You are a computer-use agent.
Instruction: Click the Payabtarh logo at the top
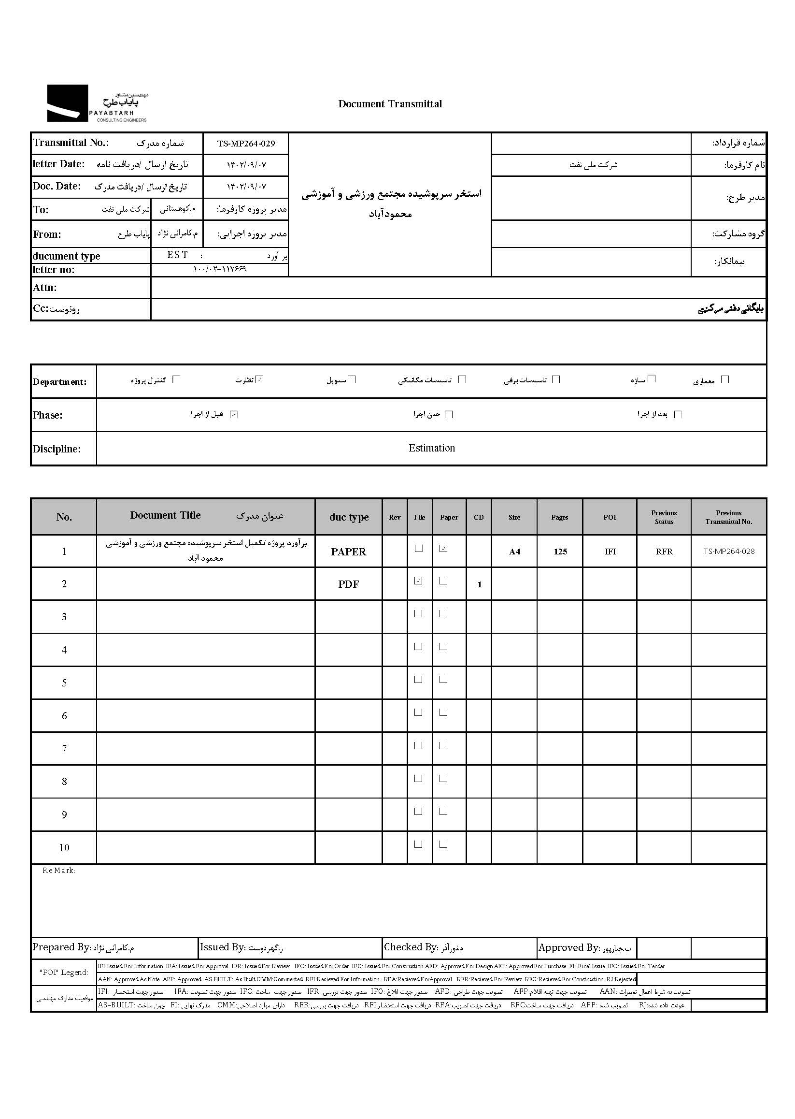tap(97, 103)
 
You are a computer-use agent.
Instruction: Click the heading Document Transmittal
tap(390, 104)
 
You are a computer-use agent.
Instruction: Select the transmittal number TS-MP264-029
tap(246, 144)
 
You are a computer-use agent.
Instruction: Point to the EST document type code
tap(177, 255)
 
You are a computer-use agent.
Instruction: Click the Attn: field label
tap(45, 288)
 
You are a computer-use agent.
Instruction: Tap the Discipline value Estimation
tap(432, 448)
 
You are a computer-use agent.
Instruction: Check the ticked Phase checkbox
tap(234, 414)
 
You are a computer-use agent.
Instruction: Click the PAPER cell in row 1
tap(348, 552)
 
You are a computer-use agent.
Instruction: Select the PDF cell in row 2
tap(348, 584)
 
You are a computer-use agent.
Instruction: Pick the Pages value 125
tap(560, 552)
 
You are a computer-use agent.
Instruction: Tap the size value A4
tap(514, 552)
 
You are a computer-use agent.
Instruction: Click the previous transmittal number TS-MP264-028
tap(729, 551)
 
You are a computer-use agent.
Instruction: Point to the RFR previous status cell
tap(664, 552)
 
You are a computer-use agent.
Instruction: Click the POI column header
tap(610, 517)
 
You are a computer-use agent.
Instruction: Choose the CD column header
tap(479, 517)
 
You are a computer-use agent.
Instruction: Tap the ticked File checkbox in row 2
tap(418, 581)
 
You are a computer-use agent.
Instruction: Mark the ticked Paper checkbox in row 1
tap(443, 549)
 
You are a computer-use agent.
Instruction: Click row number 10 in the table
tap(64, 847)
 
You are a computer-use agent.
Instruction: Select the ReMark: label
tap(59, 871)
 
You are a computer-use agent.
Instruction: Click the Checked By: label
tap(411, 947)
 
